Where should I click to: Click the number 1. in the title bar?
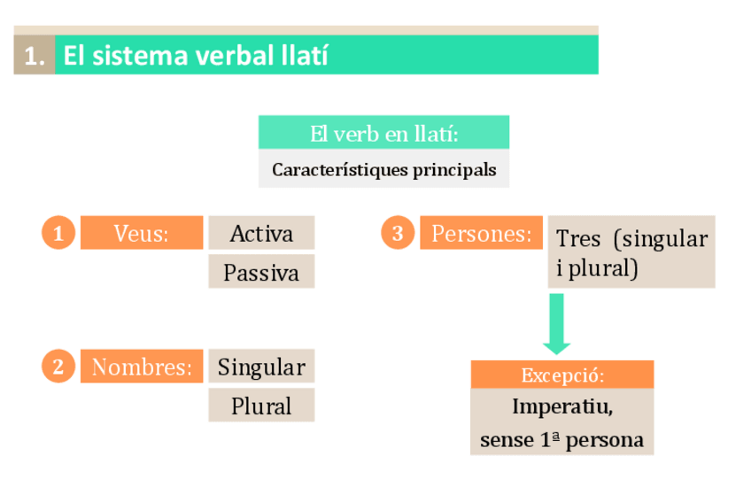coord(35,57)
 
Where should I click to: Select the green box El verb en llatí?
coord(383,135)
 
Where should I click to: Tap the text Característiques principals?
coord(383,169)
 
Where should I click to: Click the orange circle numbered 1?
coord(58,234)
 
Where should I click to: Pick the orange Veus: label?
coord(142,234)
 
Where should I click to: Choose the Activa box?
coord(261,234)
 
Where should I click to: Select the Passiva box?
coord(261,273)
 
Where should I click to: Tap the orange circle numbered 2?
coord(58,367)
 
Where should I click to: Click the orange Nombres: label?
coord(142,367)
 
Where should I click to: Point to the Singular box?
coord(261,367)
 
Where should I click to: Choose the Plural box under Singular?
coord(261,406)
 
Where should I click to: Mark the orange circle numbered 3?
coord(398,234)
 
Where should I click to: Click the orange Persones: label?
coord(481,234)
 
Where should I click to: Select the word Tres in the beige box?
coord(577,239)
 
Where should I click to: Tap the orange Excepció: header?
coord(562,375)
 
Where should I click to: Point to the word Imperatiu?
coord(562,407)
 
